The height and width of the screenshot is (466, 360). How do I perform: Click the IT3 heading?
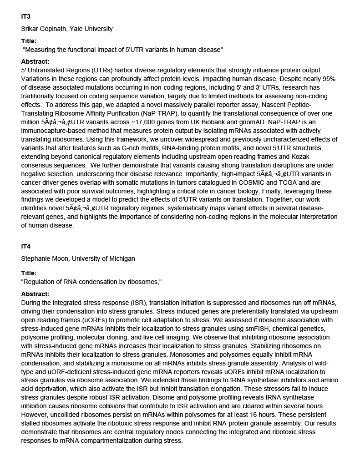pyautogui.click(x=25, y=17)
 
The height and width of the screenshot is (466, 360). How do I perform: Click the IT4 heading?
pyautogui.click(x=25, y=246)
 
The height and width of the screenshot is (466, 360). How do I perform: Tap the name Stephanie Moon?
pyautogui.click(x=45, y=258)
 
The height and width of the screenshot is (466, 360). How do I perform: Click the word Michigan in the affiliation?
pyautogui.click(x=122, y=258)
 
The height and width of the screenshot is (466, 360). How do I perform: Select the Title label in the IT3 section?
pyautogui.click(x=29, y=41)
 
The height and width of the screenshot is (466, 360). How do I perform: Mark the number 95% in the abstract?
pyautogui.click(x=330, y=79)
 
